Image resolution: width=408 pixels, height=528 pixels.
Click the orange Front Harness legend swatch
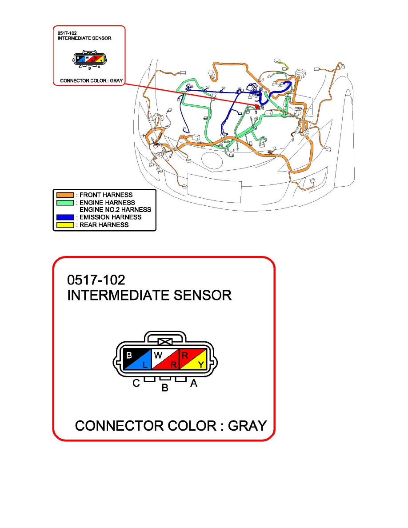tap(65, 195)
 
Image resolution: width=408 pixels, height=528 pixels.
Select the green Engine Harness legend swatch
tap(65, 203)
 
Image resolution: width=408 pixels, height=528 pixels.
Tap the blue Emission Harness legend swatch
tap(65, 217)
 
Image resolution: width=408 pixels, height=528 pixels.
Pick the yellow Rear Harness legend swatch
tap(65, 225)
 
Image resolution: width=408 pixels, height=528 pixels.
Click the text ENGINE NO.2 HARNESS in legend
tap(115, 210)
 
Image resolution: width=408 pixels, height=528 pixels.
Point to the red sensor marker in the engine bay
tap(257, 106)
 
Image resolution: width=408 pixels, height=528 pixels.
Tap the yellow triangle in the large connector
tap(197, 362)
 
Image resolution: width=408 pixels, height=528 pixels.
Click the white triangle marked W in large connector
tap(160, 356)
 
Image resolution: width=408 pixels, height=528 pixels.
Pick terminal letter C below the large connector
tap(136, 383)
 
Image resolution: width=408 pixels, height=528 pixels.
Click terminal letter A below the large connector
tap(194, 383)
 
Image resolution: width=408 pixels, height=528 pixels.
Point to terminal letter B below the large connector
tap(165, 388)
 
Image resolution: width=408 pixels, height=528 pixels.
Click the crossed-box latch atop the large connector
tap(165, 342)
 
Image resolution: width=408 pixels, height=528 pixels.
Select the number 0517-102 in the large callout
tap(96, 280)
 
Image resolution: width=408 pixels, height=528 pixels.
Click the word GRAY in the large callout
tap(248, 426)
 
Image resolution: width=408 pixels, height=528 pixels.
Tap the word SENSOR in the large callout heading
tap(203, 295)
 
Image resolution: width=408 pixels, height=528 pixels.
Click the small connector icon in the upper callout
tap(89, 59)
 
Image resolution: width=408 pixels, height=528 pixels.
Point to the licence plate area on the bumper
tap(214, 189)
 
